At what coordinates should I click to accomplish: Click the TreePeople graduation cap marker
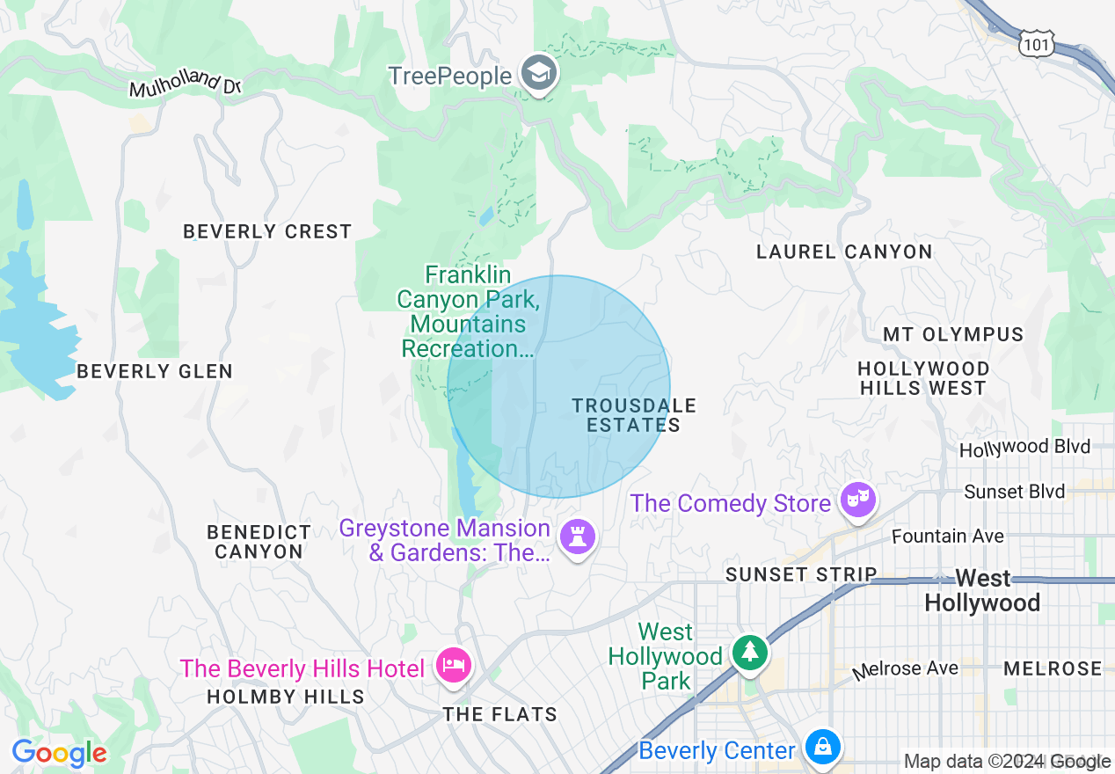(538, 74)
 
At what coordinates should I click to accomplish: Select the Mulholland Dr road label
(185, 84)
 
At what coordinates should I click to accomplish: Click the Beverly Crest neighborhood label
(267, 232)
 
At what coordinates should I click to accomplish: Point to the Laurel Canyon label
(844, 252)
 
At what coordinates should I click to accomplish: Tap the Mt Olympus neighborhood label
(953, 335)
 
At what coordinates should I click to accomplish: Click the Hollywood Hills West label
(922, 378)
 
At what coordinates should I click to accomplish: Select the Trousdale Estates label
(633, 415)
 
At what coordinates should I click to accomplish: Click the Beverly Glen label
(155, 372)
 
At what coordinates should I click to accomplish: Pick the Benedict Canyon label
(259, 542)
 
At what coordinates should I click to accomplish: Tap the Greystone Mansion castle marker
(578, 537)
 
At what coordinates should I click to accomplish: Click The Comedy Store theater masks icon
(857, 500)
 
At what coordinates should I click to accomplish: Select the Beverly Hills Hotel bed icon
(454, 666)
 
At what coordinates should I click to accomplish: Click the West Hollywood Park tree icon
(749, 652)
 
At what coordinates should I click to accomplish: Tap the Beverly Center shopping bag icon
(823, 748)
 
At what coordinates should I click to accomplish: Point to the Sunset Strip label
(800, 574)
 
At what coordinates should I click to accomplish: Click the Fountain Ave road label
(947, 536)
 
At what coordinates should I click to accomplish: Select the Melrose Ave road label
(906, 669)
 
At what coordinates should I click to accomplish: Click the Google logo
(59, 754)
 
